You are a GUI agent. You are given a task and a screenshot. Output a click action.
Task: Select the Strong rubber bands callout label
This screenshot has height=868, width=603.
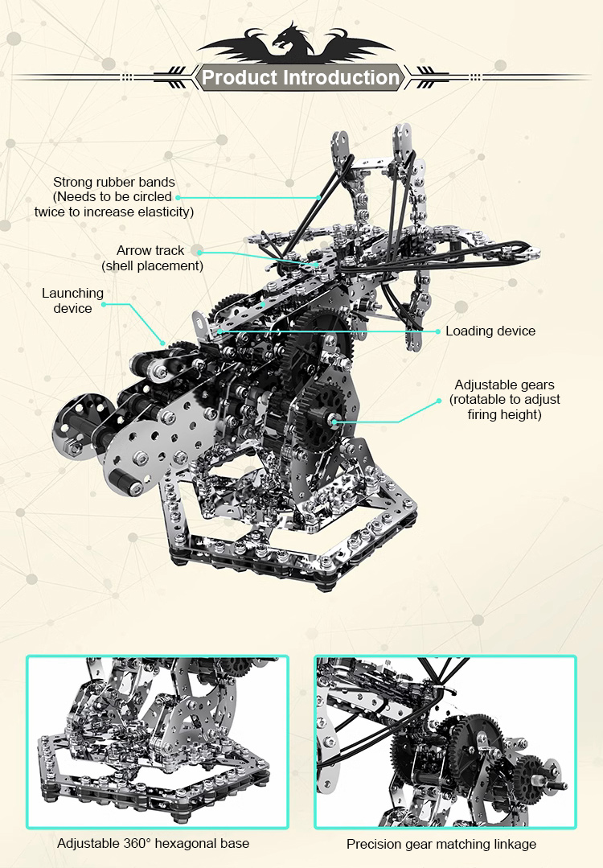(114, 196)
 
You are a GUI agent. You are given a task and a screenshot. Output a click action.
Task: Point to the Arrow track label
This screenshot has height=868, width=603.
(152, 258)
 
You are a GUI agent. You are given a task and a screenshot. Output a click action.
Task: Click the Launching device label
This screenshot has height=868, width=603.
(72, 301)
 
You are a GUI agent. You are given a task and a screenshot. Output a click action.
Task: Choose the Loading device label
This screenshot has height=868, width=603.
(490, 331)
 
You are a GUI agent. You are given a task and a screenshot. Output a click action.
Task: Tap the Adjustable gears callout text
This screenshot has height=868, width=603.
(505, 400)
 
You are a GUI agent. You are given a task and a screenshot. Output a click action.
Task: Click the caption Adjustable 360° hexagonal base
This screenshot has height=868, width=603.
(154, 843)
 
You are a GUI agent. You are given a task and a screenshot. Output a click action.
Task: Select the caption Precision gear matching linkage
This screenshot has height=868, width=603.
(441, 844)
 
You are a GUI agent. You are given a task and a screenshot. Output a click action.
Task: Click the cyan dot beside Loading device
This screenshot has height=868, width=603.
(438, 331)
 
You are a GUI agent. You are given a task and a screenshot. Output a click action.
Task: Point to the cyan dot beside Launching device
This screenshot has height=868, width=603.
(104, 304)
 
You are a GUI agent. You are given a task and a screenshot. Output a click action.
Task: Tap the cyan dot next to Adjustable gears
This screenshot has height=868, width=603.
(439, 401)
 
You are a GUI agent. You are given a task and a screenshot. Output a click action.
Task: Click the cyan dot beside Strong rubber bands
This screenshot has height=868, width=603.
(178, 197)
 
